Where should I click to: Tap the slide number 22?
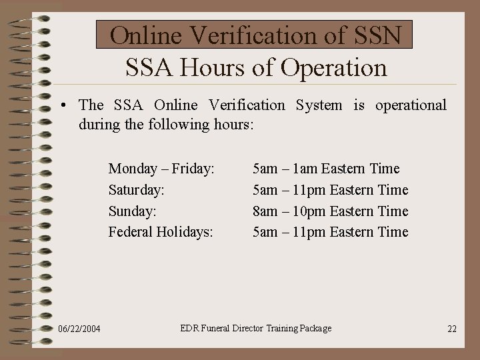452,329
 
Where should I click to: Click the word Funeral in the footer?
223,328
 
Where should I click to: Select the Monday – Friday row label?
161,169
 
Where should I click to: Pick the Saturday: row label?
137,190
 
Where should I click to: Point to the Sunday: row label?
133,211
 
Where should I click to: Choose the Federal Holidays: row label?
161,232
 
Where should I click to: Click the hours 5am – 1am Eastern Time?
326,169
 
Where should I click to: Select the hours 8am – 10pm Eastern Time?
330,211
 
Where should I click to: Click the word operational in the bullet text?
411,105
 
